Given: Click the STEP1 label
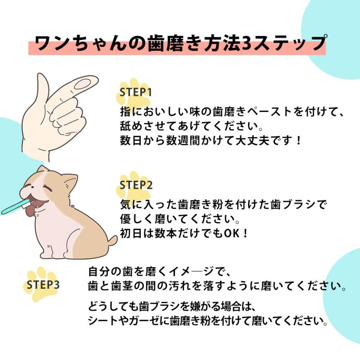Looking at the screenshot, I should click(x=136, y=92).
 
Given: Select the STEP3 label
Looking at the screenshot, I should click(x=43, y=285).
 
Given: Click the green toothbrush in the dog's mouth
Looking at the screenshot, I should click(x=14, y=208).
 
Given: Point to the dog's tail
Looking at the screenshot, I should click(x=112, y=240).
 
